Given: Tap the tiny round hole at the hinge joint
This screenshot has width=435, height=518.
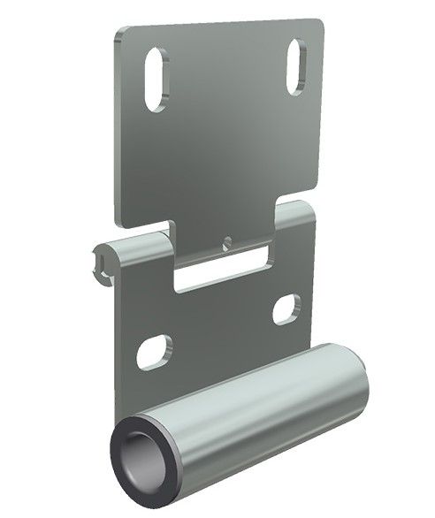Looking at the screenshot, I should [x=227, y=240].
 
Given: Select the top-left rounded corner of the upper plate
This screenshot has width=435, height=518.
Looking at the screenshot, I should [x=118, y=34].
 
